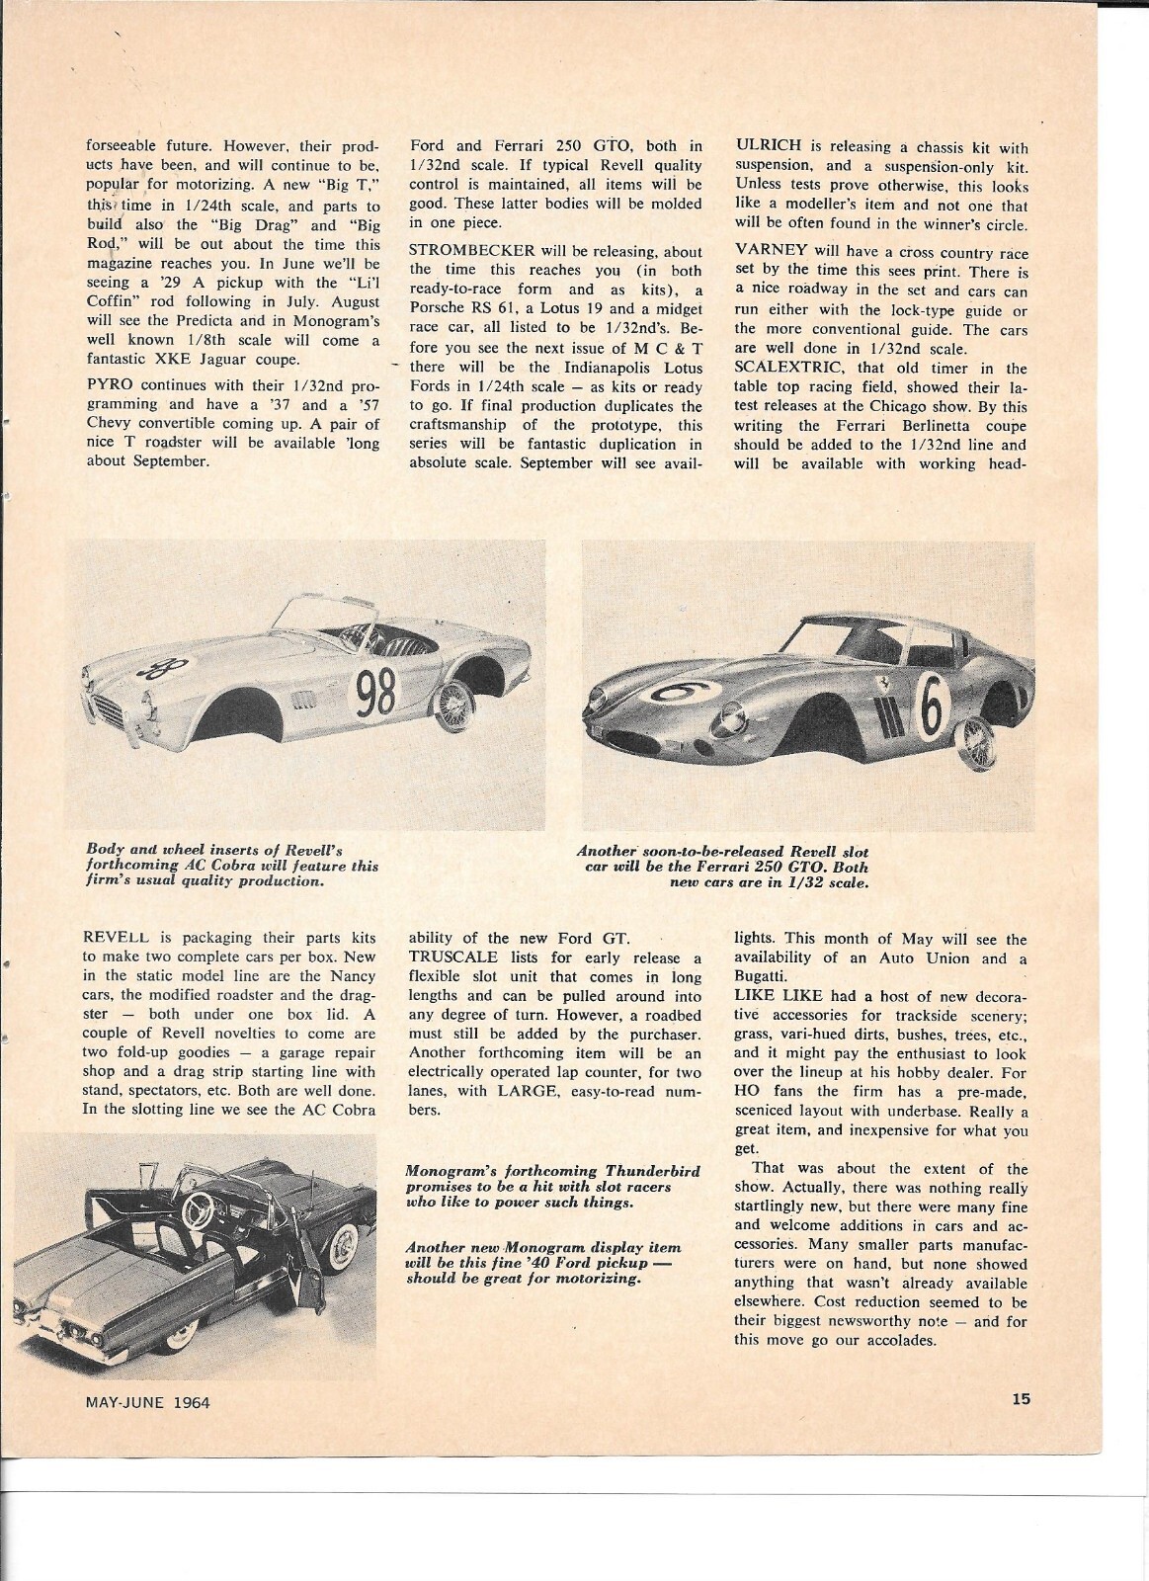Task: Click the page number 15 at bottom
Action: pyautogui.click(x=1021, y=1398)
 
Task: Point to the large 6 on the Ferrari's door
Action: pyautogui.click(x=934, y=703)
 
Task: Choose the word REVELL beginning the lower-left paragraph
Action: pyautogui.click(x=118, y=939)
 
